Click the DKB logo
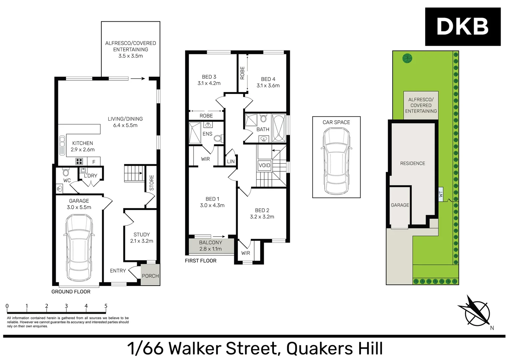(x=462, y=27)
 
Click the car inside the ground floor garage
(x=78, y=247)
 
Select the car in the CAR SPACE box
(x=336, y=161)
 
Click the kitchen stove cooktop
(x=79, y=162)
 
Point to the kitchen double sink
(x=62, y=145)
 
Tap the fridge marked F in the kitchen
(x=94, y=162)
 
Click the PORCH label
(x=150, y=276)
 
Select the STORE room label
(x=152, y=183)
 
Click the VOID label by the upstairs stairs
(x=265, y=165)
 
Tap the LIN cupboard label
(x=231, y=161)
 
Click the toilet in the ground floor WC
(x=66, y=172)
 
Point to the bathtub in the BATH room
(x=279, y=128)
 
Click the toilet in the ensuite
(x=218, y=138)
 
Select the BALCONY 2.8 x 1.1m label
(x=210, y=246)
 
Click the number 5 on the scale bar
(x=106, y=306)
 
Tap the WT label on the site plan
(x=441, y=194)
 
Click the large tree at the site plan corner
(x=407, y=58)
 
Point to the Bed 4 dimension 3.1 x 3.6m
(x=268, y=86)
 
